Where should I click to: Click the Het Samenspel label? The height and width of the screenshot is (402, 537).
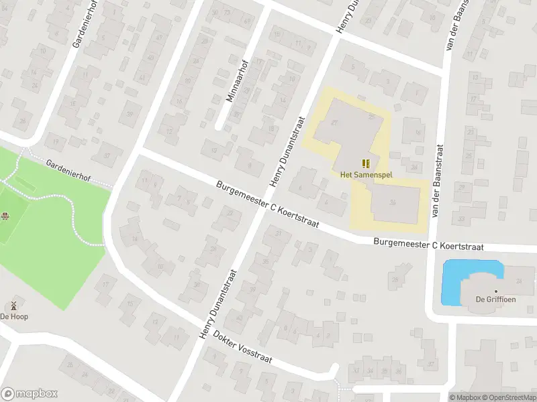pyautogui.click(x=366, y=175)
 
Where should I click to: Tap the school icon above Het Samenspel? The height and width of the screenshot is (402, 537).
pyautogui.click(x=366, y=163)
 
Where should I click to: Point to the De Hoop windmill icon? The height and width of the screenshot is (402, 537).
pyautogui.click(x=13, y=305)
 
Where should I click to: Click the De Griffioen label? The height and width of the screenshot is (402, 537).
pyautogui.click(x=495, y=299)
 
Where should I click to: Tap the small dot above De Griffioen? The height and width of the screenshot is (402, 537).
pyautogui.click(x=495, y=291)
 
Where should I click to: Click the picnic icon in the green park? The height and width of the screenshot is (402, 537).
pyautogui.click(x=5, y=215)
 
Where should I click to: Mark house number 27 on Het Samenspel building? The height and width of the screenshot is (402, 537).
pyautogui.click(x=335, y=122)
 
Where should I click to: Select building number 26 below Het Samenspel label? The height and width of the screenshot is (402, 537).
pyautogui.click(x=393, y=202)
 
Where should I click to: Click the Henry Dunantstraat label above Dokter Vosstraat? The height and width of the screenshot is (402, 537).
pyautogui.click(x=219, y=303)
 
